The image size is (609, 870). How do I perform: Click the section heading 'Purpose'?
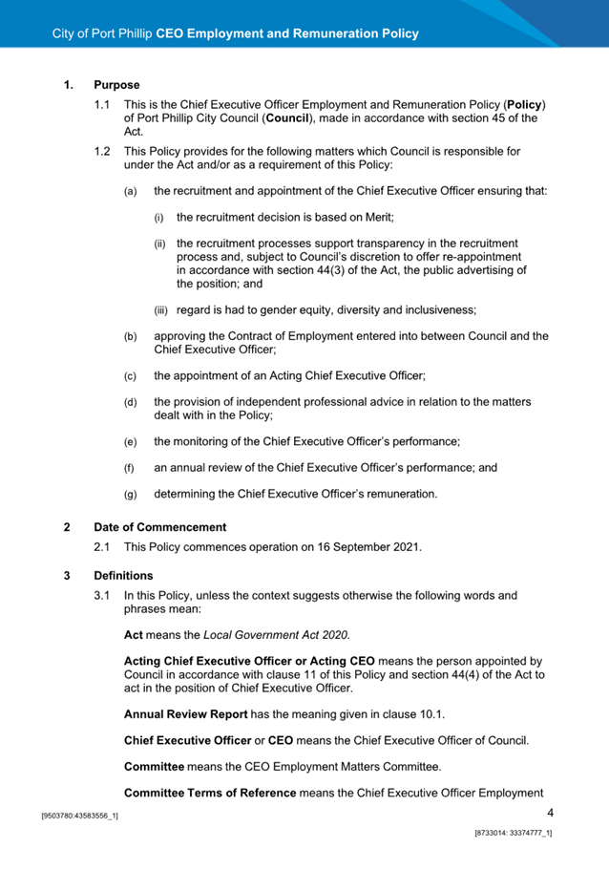116,85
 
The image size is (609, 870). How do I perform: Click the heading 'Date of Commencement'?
159,526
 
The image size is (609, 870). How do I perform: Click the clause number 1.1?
101,103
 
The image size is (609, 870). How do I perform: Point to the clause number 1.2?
101,151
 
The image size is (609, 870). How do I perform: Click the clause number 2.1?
101,547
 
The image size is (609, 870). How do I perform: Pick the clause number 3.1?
101,596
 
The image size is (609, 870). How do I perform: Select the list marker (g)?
131,495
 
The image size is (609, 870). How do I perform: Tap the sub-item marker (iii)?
162,309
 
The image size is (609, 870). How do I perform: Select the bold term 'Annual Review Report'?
186,713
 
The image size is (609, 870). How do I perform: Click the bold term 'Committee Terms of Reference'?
210,793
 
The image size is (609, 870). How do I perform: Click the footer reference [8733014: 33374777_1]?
514,833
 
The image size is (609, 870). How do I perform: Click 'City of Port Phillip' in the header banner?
102,33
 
